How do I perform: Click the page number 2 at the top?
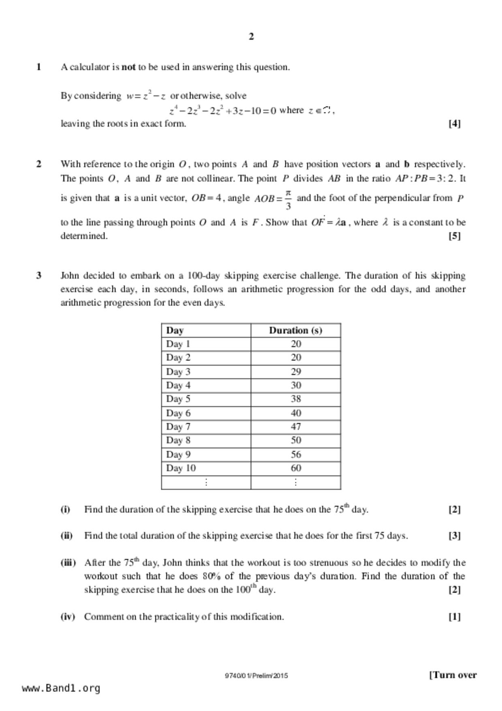tap(251, 37)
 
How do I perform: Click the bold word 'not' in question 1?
tap(128, 67)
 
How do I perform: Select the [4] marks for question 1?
tap(454, 124)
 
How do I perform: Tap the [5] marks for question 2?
tap(454, 236)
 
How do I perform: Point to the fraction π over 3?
tap(288, 199)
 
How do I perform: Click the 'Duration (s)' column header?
tap(295, 330)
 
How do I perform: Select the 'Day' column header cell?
tap(175, 330)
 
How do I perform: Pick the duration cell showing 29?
tap(296, 372)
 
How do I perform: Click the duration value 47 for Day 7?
tap(296, 427)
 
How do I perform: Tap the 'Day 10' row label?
tap(181, 468)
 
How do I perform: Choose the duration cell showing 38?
tap(296, 399)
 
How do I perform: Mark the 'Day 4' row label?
tap(178, 385)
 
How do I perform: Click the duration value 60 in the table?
tap(296, 468)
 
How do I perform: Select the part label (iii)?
tap(68, 563)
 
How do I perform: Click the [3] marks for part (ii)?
tap(454, 536)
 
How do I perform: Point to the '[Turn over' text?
tap(453, 675)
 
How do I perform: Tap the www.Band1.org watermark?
tap(61, 688)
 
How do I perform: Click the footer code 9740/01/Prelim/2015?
tap(256, 676)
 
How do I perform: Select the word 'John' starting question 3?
tap(70, 276)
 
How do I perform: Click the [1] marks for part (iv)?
tap(454, 617)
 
